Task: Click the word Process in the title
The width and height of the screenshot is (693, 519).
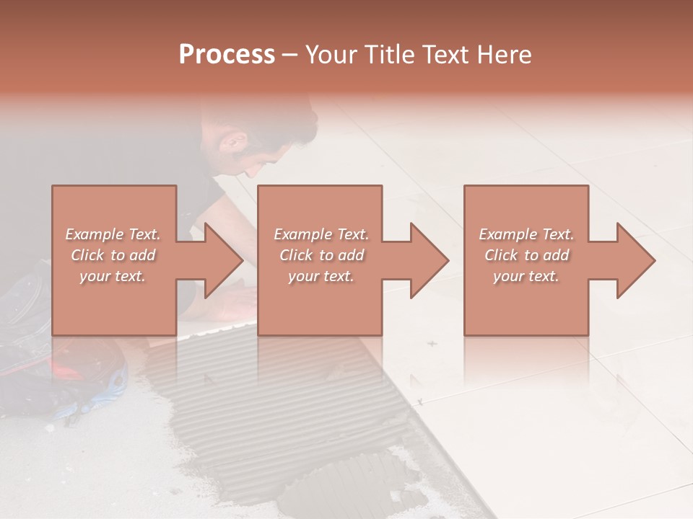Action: tap(227, 55)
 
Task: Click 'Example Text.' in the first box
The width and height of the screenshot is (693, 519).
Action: tap(113, 234)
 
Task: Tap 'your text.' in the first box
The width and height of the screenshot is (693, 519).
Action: tap(113, 276)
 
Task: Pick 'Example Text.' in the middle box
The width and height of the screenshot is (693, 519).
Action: tap(321, 234)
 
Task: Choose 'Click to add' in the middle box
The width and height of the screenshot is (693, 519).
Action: tap(321, 255)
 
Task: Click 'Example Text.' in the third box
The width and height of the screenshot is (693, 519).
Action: tap(526, 234)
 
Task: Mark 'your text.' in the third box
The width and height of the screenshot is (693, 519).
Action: tap(526, 276)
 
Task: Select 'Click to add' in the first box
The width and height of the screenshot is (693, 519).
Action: tap(113, 255)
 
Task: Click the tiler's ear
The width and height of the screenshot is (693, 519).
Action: tap(232, 142)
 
